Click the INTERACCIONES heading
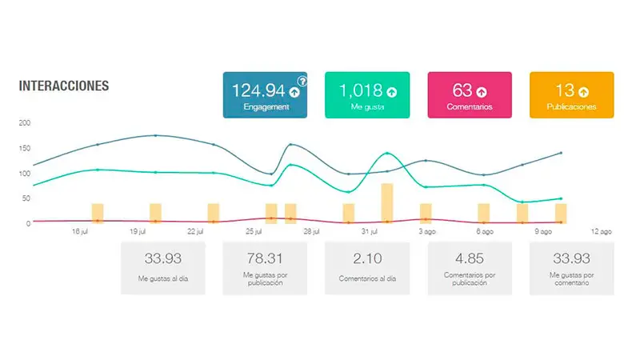pos(64,86)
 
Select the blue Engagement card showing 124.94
pos(266,95)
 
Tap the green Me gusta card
pos(368,95)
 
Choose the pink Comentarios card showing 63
pos(470,95)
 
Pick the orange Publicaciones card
pos(571,95)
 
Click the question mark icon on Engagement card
pos(302,81)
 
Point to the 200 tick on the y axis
pos(24,122)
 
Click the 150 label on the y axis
pos(24,148)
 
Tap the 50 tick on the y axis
pos(26,198)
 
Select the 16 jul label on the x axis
pos(80,232)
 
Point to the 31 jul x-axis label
pos(369,232)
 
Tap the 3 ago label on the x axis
pos(427,232)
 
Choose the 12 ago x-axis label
pos(601,232)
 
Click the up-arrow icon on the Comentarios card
pos(482,91)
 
